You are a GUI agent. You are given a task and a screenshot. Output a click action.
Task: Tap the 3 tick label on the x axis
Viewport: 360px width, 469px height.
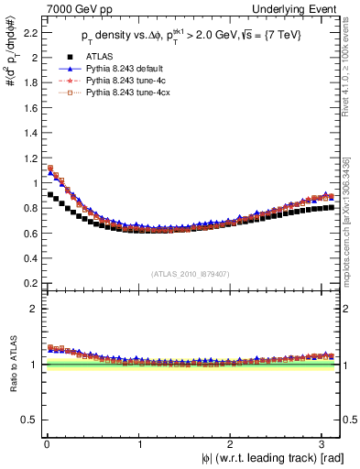[x=322, y=443]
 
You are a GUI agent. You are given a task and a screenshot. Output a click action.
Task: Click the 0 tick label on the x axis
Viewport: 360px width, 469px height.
[x=47, y=443]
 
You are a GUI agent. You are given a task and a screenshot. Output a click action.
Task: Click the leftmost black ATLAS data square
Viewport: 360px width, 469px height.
[x=50, y=194]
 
